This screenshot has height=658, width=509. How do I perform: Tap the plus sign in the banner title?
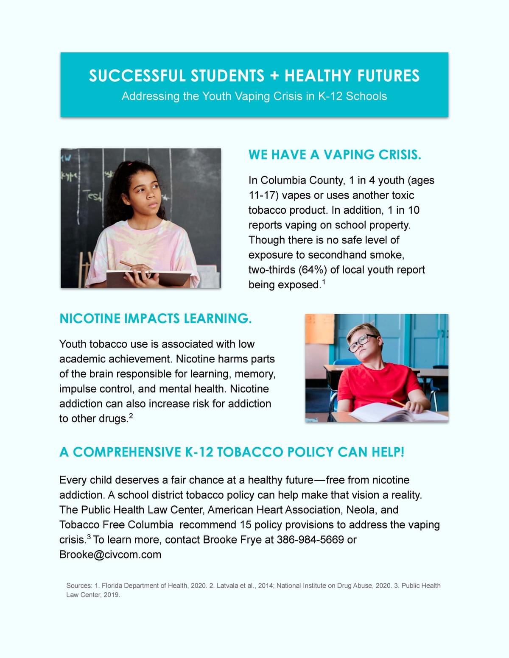pos(274,76)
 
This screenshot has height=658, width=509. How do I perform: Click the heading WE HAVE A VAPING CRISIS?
pos(335,155)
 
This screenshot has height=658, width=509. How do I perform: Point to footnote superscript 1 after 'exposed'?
pos(324,282)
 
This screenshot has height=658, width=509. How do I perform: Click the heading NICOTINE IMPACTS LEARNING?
pos(155,318)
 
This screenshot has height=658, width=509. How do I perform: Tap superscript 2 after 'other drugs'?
pos(131,416)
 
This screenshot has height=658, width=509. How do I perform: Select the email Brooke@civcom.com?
pos(110,555)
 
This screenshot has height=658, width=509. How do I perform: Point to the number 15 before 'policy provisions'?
pos(246,525)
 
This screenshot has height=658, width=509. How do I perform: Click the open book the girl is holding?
pos(148,278)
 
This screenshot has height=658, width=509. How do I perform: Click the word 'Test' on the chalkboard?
pos(93,196)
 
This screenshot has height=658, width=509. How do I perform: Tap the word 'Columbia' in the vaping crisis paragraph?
pos(282,181)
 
